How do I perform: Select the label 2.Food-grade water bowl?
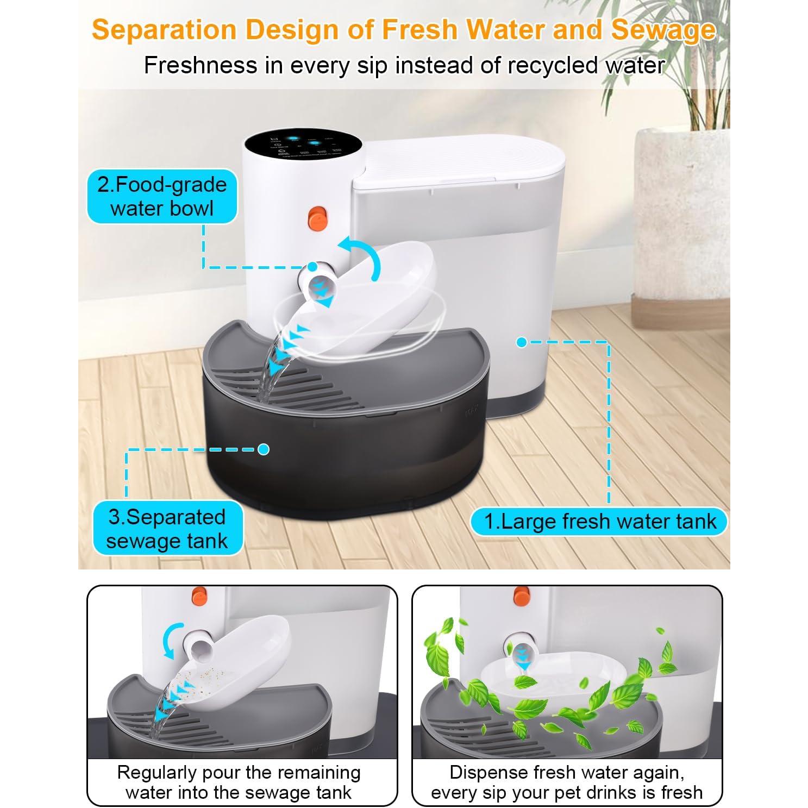click(162, 196)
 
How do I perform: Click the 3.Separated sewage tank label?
click(167, 528)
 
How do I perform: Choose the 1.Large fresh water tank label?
click(600, 522)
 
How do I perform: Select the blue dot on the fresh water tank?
click(522, 342)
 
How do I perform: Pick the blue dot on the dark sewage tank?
click(264, 449)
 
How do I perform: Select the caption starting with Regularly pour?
click(239, 782)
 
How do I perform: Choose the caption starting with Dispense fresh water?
click(567, 782)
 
